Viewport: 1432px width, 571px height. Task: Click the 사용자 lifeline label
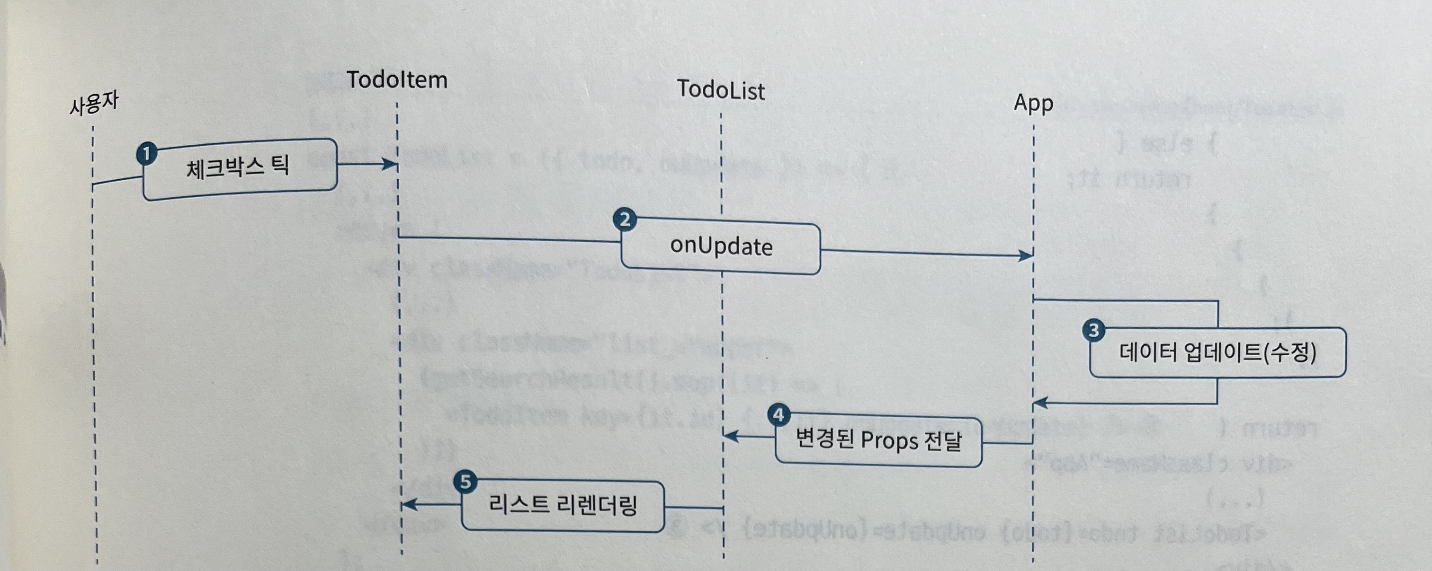93,104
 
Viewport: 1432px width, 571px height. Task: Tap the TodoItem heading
397,80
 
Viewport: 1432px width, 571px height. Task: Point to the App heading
1033,103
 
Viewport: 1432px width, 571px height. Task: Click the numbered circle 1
147,153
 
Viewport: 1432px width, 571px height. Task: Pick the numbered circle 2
625,220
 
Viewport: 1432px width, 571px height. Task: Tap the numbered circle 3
1093,331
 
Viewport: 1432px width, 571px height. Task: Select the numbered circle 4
779,415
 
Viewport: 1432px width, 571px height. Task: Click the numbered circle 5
465,482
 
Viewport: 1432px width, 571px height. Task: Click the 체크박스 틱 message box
239,168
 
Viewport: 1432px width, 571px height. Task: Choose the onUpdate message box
720,246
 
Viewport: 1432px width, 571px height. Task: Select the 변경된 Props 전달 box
878,441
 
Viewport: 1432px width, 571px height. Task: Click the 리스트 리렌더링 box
563,505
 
